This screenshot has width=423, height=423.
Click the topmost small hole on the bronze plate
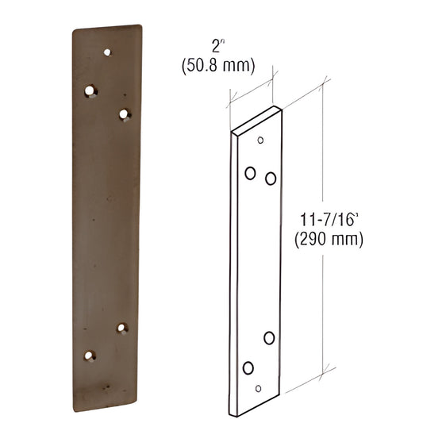tap(109, 52)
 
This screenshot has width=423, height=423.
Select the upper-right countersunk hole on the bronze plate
tap(124, 115)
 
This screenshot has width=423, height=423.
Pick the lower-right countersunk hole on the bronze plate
tap(122, 328)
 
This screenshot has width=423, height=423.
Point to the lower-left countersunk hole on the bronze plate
tap(90, 356)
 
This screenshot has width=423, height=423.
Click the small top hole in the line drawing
tap(260, 140)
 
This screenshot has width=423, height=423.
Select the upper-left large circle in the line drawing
tap(250, 171)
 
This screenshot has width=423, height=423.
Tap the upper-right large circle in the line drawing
tap(271, 179)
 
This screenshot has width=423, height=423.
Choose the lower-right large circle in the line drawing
tap(269, 338)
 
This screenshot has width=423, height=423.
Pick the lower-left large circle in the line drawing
tap(248, 367)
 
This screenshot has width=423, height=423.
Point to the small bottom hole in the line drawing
tap(258, 388)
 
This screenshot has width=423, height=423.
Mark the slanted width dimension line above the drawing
tap(252, 86)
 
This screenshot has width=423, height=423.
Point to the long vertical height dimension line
tap(324, 238)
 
